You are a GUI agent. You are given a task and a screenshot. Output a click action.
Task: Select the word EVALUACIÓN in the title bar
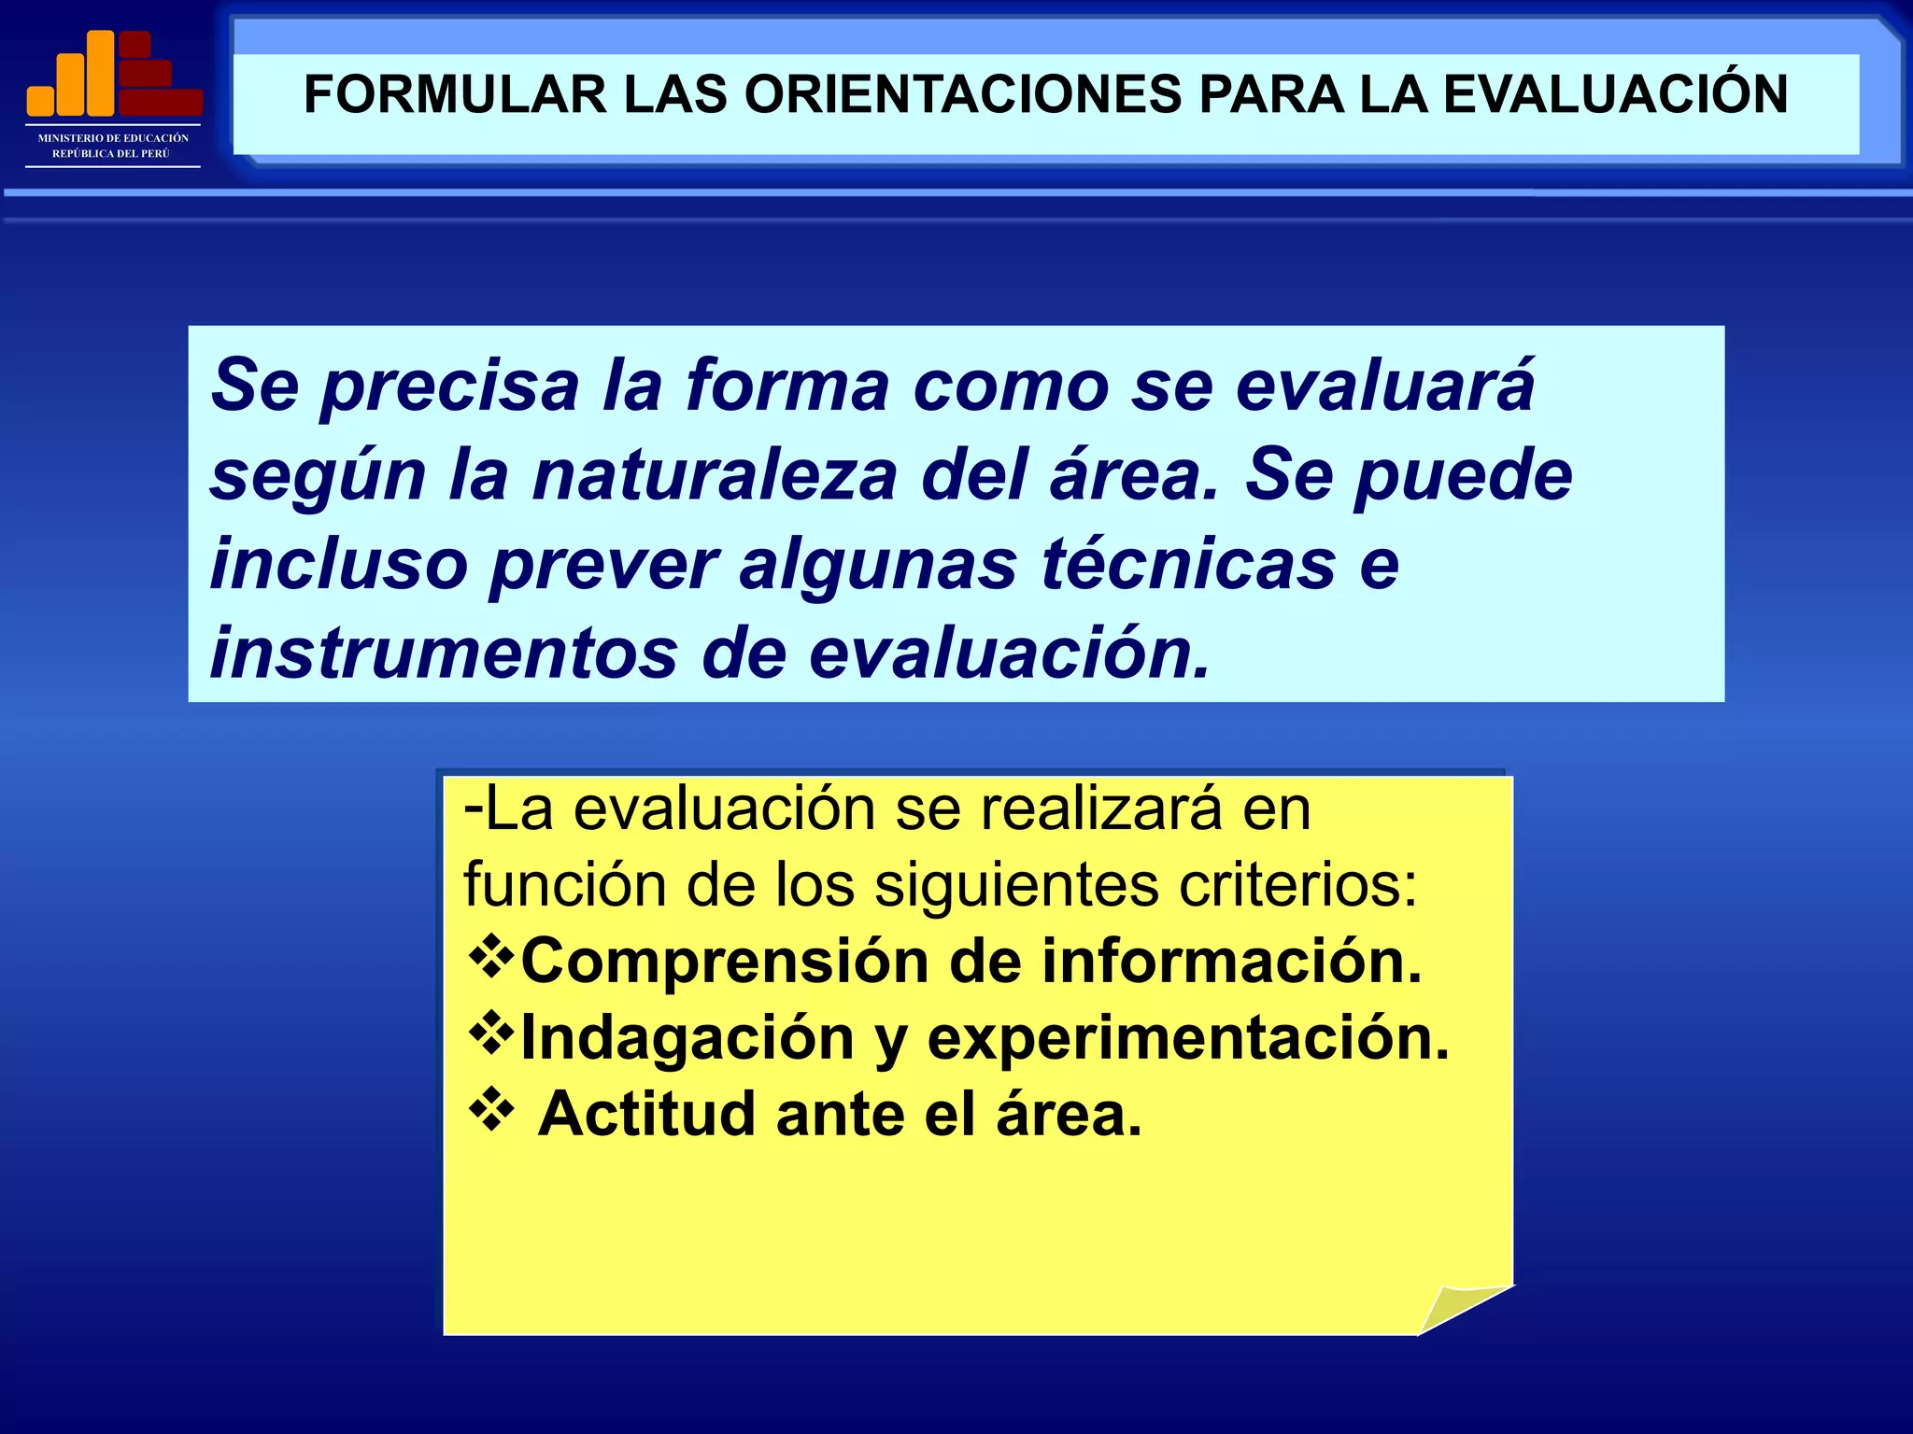pyautogui.click(x=1615, y=94)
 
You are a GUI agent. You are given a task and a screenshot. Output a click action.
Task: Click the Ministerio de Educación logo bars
pyautogui.click(x=114, y=74)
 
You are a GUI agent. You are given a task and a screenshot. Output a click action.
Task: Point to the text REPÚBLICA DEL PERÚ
pyautogui.click(x=111, y=153)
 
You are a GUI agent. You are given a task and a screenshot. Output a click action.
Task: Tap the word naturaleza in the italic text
pyautogui.click(x=715, y=474)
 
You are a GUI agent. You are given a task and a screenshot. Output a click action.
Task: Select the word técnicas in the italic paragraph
pyautogui.click(x=1189, y=564)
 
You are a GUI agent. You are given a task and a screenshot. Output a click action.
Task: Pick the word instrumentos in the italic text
pyautogui.click(x=443, y=653)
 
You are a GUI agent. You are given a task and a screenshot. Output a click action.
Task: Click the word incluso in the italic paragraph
pyautogui.click(x=338, y=564)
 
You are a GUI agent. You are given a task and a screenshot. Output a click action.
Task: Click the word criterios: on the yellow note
pyautogui.click(x=1298, y=884)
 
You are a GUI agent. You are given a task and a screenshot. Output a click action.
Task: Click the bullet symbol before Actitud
pyautogui.click(x=490, y=1109)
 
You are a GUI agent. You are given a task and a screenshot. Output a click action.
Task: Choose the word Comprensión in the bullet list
pyautogui.click(x=724, y=961)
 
